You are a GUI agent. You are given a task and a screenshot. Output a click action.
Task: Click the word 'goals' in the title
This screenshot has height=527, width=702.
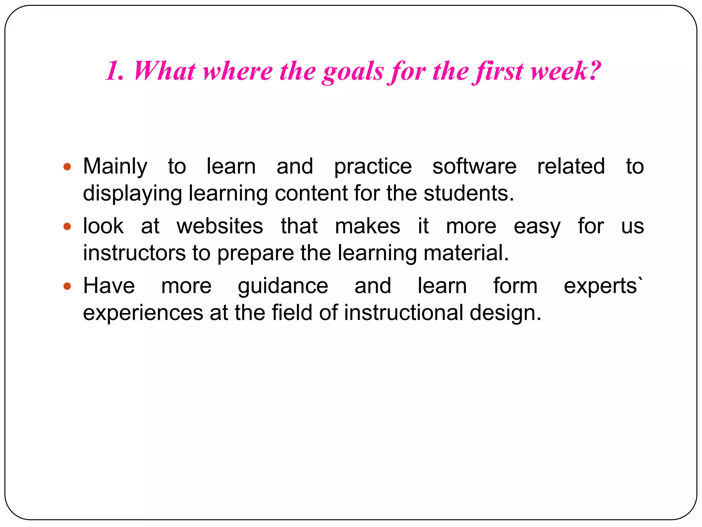click(x=353, y=72)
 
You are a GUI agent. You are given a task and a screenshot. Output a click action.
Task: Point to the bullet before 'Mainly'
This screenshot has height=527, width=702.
click(x=67, y=167)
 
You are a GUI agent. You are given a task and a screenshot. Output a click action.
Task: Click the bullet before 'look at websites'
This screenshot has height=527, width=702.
click(x=67, y=227)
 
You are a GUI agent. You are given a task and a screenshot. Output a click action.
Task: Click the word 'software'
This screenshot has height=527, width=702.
click(x=474, y=166)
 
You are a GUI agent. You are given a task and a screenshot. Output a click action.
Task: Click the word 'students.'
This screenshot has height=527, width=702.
click(x=469, y=193)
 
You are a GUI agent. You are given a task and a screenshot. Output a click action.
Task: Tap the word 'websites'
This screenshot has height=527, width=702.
click(x=220, y=226)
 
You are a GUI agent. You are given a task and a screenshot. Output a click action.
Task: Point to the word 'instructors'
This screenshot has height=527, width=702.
click(x=134, y=253)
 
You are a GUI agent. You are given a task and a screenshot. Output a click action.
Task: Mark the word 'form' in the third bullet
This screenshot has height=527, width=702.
click(x=515, y=286)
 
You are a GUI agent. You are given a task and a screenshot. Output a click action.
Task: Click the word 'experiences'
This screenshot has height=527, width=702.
click(x=143, y=313)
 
